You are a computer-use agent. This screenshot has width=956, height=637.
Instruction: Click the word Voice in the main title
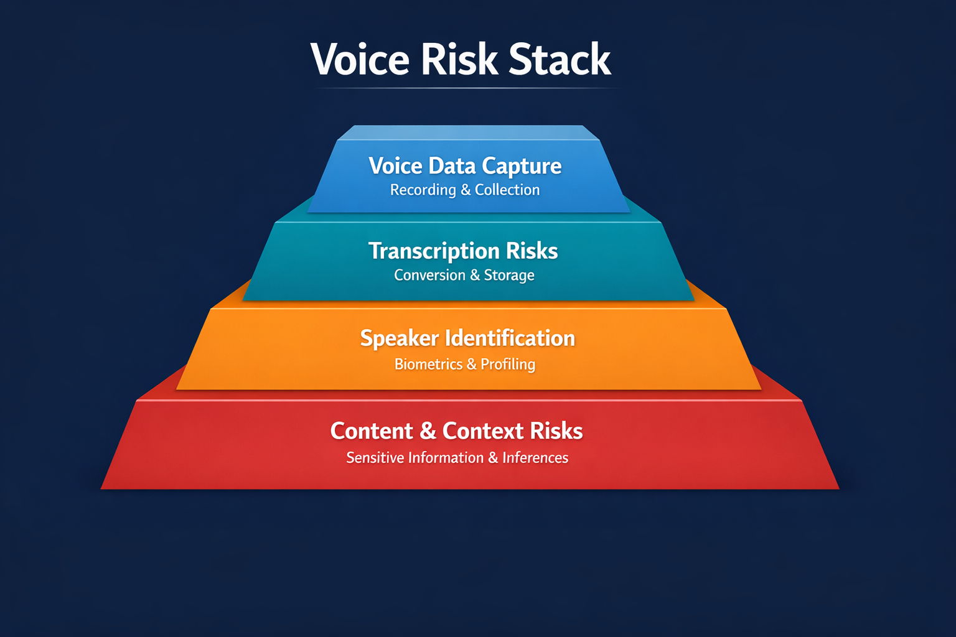pos(360,60)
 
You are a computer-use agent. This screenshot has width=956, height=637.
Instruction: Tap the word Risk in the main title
pos(459,60)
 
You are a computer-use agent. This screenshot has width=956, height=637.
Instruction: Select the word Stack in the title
pos(560,60)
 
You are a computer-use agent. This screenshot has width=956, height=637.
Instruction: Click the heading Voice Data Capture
pos(465,166)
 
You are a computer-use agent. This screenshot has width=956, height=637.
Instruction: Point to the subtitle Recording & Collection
pos(465,190)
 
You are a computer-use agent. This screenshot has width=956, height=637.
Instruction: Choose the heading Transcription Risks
pos(463,251)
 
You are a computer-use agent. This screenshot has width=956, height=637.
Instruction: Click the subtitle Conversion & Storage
pos(464,275)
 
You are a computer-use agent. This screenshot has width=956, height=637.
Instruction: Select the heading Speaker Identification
pos(467,338)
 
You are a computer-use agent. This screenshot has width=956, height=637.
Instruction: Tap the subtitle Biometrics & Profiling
pos(465,364)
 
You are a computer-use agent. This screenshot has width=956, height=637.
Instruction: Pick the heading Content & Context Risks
pos(456,431)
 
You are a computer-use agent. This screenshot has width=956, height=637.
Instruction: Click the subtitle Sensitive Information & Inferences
pos(457,458)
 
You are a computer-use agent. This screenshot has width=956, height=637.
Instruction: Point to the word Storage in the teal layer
pos(509,275)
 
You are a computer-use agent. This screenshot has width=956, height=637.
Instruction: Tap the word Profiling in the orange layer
pos(508,365)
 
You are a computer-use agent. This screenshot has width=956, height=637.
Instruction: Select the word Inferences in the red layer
pos(535,458)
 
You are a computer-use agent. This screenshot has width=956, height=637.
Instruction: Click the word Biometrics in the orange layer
pos(428,364)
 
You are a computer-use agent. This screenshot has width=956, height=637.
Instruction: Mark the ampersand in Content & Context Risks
pos(428,431)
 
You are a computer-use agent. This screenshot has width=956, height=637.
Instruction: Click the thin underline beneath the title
pos(467,88)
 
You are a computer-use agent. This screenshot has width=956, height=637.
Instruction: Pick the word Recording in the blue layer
pos(423,190)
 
